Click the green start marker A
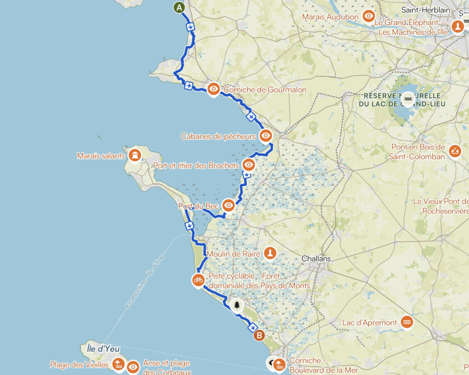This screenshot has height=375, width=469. pos(180,8)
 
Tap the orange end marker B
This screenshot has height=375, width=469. pos(259,336)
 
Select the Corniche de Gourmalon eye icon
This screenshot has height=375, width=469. pos(213,89)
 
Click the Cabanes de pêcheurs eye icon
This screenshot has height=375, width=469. pos(266,136)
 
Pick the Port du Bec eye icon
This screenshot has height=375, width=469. pos(229,205)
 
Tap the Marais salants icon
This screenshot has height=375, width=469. pos(135,155)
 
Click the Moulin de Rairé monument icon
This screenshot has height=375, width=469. pos(270,252)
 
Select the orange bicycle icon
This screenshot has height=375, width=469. pos(198,279)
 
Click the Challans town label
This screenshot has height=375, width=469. pos(316,259)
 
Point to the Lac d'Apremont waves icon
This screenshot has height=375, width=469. pos(406,322)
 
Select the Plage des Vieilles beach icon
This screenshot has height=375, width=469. pos(118,364)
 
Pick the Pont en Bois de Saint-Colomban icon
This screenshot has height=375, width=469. pos(455,150)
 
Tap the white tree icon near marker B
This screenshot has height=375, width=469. pos(237,304)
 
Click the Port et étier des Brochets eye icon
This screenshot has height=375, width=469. pos(248,164)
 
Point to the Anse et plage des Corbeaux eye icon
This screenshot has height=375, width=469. pos(133,366)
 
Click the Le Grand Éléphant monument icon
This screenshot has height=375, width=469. pos(457,27)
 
